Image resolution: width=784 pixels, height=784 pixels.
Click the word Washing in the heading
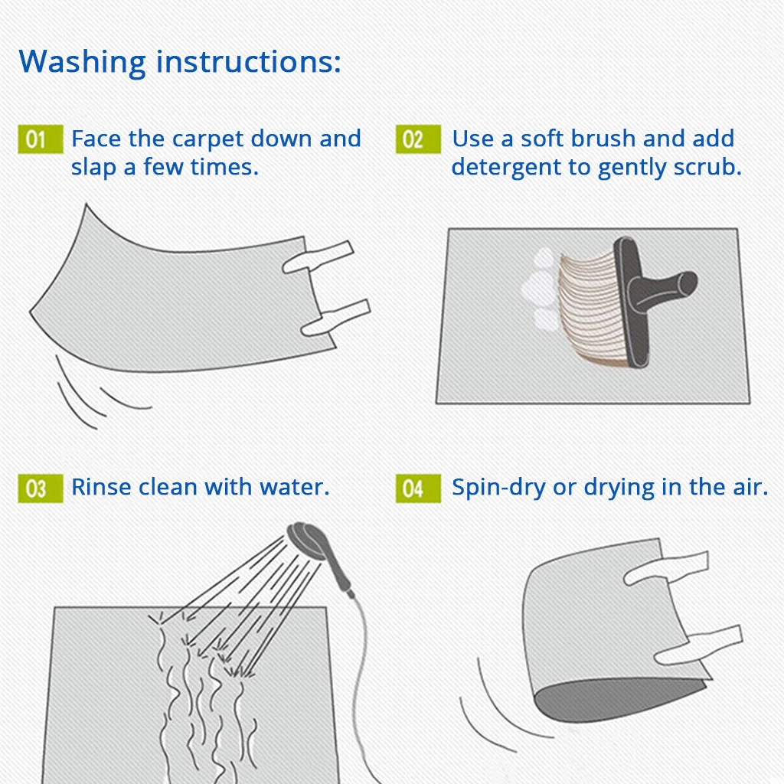(83, 63)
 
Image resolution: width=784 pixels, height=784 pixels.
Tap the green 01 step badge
(41, 139)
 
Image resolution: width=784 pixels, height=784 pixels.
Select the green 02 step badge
(418, 139)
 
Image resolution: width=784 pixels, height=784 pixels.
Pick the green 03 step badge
(41, 488)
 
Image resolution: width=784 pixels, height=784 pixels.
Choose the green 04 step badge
(418, 488)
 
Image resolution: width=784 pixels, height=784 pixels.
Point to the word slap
(93, 168)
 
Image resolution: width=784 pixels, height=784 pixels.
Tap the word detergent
(506, 168)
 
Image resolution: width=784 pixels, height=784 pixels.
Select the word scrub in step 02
(707, 167)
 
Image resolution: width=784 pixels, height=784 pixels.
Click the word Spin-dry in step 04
(498, 488)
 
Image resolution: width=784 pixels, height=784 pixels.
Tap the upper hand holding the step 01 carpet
(318, 256)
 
